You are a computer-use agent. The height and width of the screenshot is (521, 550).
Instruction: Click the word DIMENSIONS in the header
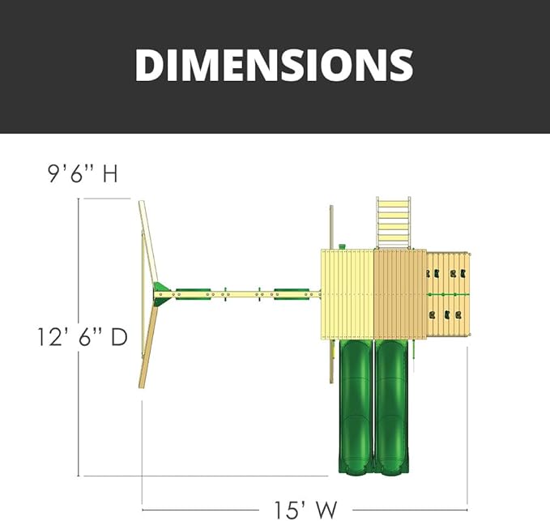click(274, 65)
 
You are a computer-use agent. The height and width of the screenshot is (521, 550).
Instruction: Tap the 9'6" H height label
click(83, 173)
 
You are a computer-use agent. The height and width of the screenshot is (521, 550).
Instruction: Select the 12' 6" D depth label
click(83, 337)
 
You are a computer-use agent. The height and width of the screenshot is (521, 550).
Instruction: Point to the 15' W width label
click(305, 510)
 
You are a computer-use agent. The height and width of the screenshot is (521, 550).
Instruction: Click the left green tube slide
click(356, 407)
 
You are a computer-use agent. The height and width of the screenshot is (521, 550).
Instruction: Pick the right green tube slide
click(392, 407)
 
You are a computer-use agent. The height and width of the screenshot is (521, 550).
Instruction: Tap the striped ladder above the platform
click(393, 223)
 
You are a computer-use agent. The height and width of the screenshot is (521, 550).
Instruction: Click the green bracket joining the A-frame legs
click(161, 294)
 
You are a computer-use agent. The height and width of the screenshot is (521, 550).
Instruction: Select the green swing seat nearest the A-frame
click(192, 294)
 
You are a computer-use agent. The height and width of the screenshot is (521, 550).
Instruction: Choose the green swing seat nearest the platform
click(291, 294)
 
